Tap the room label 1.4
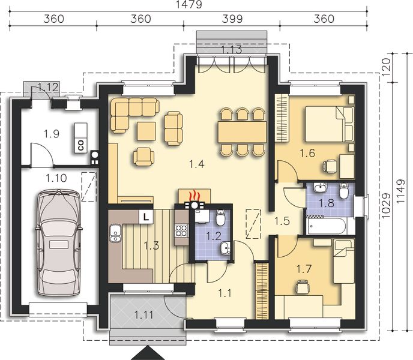pyautogui.click(x=197, y=164)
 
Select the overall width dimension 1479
pyautogui.click(x=190, y=4)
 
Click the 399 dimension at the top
pyautogui.click(x=232, y=19)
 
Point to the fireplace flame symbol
pyautogui.click(x=194, y=196)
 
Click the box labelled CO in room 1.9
pyautogui.click(x=80, y=138)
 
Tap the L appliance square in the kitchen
pyautogui.click(x=146, y=217)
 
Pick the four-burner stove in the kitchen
pyautogui.click(x=182, y=230)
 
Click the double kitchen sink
pyautogui.click(x=115, y=233)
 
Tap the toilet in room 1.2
pyautogui.click(x=220, y=218)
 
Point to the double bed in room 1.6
pyautogui.click(x=329, y=124)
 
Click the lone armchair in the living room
pyautogui.click(x=143, y=157)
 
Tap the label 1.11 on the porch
pyautogui.click(x=144, y=314)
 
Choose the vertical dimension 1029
pyautogui.click(x=385, y=206)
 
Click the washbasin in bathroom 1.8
pyautogui.click(x=320, y=188)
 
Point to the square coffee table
pyautogui.click(x=146, y=131)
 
